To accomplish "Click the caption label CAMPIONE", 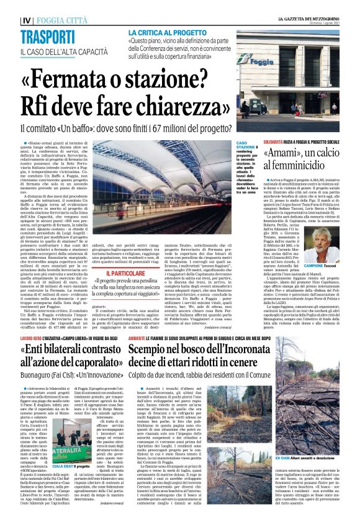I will (x=309, y=256).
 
